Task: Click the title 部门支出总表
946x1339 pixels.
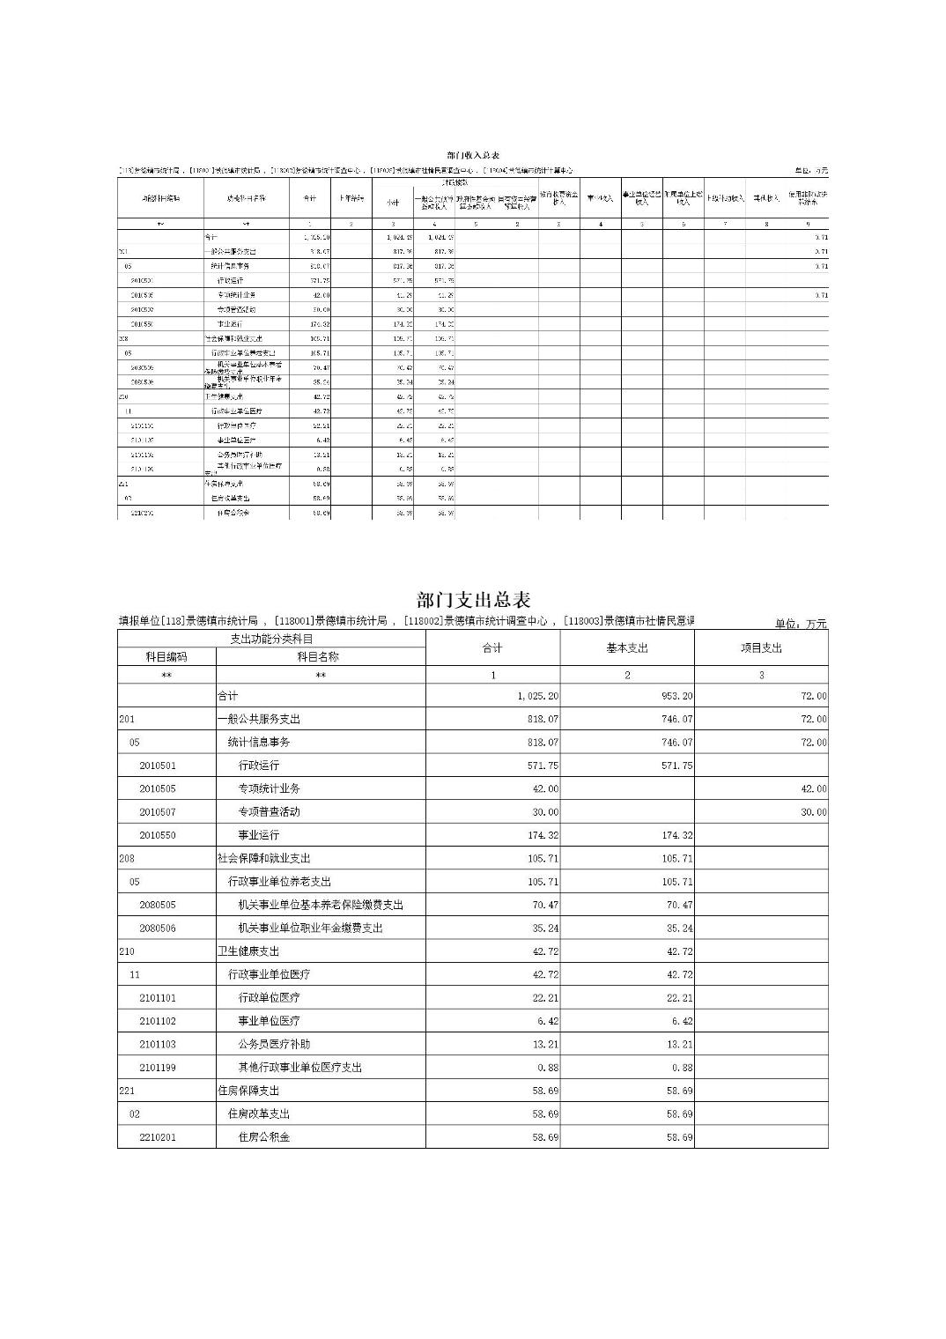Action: pos(473,601)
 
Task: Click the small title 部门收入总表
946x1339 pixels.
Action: pos(473,155)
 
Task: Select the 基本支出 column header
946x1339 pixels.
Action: pos(626,648)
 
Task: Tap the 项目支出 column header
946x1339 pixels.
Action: pos(761,648)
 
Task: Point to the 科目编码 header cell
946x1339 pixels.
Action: pos(166,656)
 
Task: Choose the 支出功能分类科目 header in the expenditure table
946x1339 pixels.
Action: pos(271,639)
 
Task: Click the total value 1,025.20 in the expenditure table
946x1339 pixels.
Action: pos(537,696)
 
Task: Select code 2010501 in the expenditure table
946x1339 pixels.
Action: pos(158,766)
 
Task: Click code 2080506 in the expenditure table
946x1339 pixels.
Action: pos(158,928)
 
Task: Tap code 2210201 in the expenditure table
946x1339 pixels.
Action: pos(158,1137)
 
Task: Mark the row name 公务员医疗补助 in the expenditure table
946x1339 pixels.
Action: pos(274,1044)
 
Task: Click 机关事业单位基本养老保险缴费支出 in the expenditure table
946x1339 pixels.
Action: pos(321,905)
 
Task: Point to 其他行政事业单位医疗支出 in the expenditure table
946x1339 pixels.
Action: pos(300,1068)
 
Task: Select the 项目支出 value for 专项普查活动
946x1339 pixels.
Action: pos(813,812)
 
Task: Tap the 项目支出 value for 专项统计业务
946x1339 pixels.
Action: pos(813,788)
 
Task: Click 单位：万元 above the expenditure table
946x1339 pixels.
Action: pos(801,624)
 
